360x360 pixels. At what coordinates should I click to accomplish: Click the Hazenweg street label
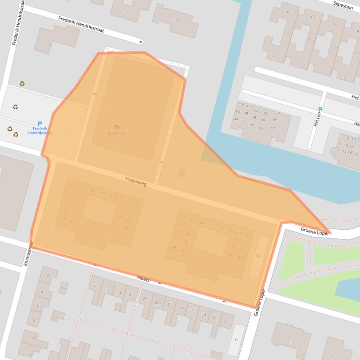point(136,181)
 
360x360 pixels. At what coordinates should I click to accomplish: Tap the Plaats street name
point(143,279)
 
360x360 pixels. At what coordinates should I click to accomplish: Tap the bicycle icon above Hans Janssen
point(116,127)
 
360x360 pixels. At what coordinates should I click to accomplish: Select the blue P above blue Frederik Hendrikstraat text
point(40,123)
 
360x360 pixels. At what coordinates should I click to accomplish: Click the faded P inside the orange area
point(258,257)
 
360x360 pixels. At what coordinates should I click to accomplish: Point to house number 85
point(174,248)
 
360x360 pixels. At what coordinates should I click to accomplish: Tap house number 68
point(273,128)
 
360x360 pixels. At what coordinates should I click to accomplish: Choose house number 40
point(240,105)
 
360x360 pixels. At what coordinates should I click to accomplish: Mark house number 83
point(240,257)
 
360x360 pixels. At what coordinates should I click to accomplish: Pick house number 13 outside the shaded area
point(176,19)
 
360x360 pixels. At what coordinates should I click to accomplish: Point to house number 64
point(277,113)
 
